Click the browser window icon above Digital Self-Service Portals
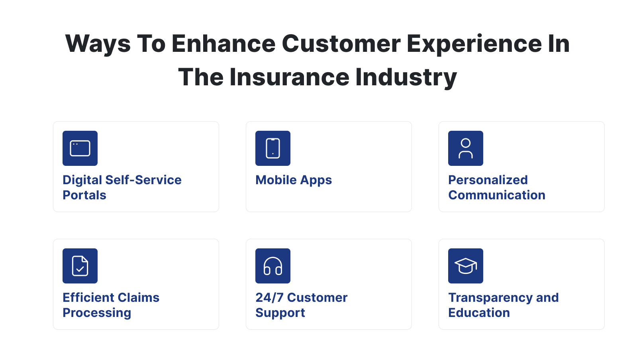[x=80, y=148]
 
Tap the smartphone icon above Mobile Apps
[x=273, y=148]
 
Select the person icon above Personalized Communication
[x=466, y=148]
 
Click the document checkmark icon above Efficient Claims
[x=80, y=266]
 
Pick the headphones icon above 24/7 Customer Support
[x=273, y=266]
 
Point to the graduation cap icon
[x=466, y=266]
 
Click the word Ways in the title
[x=98, y=43]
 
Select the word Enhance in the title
[x=223, y=43]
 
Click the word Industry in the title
[x=406, y=77]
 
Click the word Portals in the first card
[x=84, y=195]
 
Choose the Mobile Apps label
[x=294, y=180]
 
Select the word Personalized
[x=488, y=180]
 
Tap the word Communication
[x=497, y=195]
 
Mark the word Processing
[x=97, y=313]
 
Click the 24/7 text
[x=269, y=298]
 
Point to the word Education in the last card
[x=479, y=313]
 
